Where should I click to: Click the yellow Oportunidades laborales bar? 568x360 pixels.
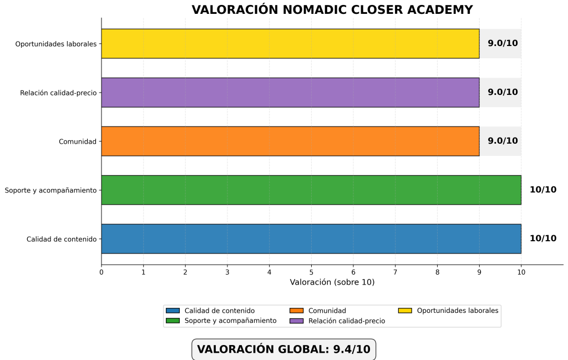click(290, 44)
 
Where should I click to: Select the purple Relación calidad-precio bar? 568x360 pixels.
click(290, 93)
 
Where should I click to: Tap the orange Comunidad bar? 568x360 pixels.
click(290, 141)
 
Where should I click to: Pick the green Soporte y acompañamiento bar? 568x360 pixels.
click(311, 190)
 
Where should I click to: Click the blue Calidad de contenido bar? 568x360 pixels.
click(311, 239)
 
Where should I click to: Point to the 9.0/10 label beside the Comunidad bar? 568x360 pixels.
click(503, 141)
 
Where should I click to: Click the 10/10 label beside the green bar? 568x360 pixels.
click(542, 190)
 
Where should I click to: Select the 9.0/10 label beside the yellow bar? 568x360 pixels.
click(503, 44)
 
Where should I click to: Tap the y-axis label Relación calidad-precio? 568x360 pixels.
click(58, 93)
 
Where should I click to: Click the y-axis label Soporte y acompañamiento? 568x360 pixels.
click(51, 190)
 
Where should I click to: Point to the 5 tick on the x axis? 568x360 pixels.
click(311, 272)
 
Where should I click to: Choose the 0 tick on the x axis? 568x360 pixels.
click(102, 272)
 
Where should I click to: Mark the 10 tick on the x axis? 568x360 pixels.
click(521, 272)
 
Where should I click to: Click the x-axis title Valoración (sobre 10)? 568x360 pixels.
click(332, 282)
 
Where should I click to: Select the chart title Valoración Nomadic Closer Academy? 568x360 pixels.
click(332, 10)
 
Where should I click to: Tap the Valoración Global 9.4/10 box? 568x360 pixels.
click(283, 349)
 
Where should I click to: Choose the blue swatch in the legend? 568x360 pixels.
click(173, 311)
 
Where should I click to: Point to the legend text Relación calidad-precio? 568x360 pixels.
click(346, 321)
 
